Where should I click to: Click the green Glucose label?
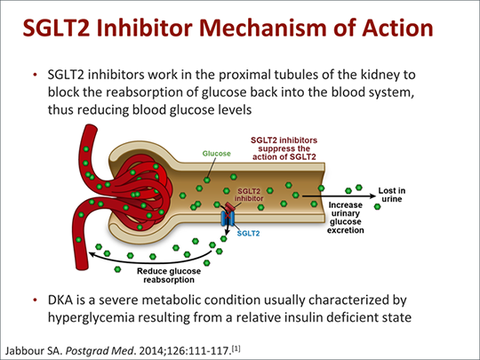(x=216, y=154)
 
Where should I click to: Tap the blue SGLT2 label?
(x=248, y=234)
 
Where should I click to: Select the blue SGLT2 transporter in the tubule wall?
(x=228, y=218)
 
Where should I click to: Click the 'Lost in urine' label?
(x=392, y=195)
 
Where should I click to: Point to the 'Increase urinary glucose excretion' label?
(x=345, y=218)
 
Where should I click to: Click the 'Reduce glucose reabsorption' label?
(x=169, y=276)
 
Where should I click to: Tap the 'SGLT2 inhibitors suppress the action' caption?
(x=284, y=148)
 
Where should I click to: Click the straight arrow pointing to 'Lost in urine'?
(x=339, y=196)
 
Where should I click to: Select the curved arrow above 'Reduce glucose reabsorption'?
(x=150, y=261)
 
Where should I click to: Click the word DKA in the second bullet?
(x=60, y=300)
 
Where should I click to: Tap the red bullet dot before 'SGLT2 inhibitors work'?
(x=36, y=75)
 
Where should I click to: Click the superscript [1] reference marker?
(x=236, y=348)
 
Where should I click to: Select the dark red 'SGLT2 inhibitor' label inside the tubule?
(x=249, y=195)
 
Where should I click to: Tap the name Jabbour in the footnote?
(x=25, y=350)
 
